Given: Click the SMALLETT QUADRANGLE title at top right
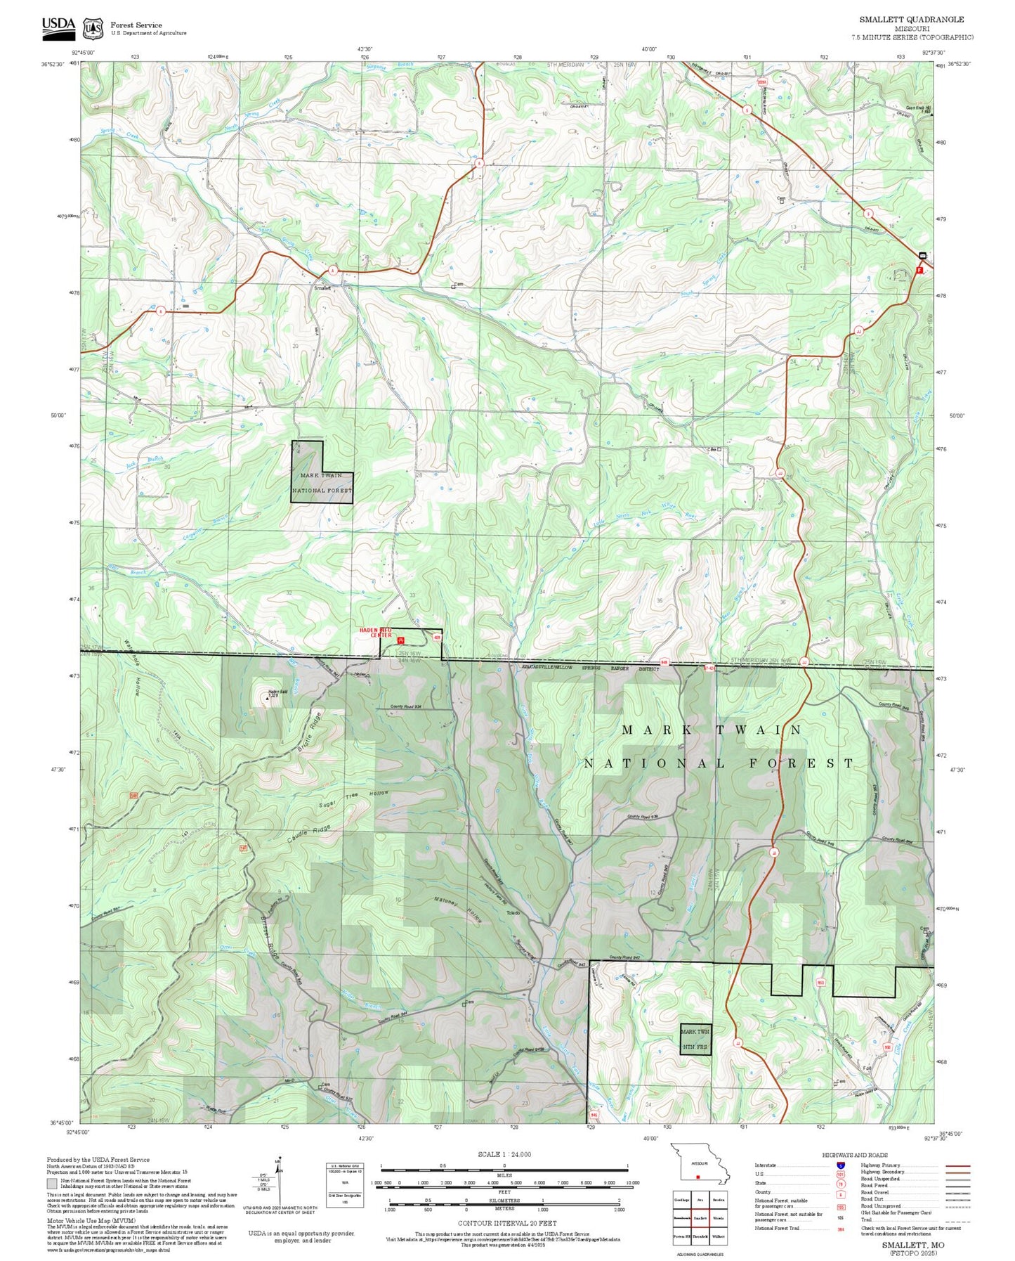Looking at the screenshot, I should click(911, 20).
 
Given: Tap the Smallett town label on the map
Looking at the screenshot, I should click(322, 288).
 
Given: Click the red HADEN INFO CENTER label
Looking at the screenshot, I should click(376, 633).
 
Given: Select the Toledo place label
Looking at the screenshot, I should click(513, 913).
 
